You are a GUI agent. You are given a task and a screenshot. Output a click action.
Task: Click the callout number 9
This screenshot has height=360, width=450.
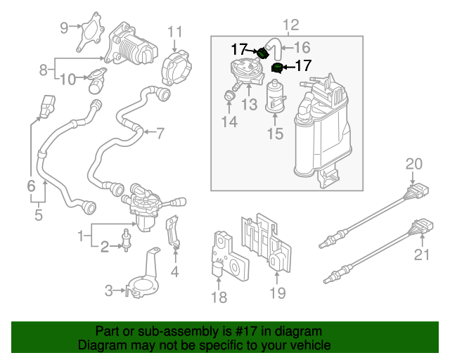tap(65, 28)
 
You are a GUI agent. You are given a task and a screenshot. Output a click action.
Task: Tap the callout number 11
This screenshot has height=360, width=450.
tap(174, 32)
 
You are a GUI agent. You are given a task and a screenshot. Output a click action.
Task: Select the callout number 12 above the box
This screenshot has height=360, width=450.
tap(290, 25)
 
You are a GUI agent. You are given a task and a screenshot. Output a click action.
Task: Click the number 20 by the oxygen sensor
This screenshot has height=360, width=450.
tap(414, 164)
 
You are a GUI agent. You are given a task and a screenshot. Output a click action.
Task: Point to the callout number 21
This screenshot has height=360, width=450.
tap(421, 255)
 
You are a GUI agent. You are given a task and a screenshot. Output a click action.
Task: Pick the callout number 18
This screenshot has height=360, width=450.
tap(219, 297)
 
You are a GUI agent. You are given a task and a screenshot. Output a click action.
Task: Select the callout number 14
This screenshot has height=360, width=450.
tap(229, 122)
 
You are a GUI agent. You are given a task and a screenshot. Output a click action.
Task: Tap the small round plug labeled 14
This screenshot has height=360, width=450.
tap(229, 95)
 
